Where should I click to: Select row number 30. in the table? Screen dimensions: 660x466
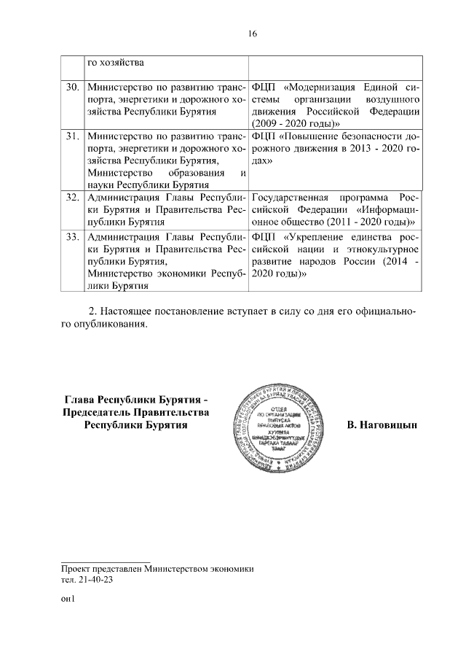click(72, 88)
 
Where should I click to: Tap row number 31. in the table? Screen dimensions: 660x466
click(72, 136)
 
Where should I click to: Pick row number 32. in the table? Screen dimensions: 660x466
click(72, 198)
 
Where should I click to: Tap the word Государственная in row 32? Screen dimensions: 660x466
click(288, 198)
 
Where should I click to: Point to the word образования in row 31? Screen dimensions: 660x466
click(191, 172)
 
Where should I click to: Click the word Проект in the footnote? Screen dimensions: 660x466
click(78, 569)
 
